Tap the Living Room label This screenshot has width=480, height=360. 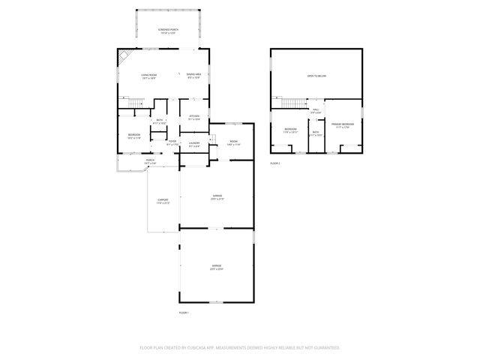point(148,75)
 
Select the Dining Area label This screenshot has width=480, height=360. point(194,75)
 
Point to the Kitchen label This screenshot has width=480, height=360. point(193,117)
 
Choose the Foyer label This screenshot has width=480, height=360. point(172,142)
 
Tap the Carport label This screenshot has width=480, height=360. point(163,201)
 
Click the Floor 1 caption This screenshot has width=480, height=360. point(184,312)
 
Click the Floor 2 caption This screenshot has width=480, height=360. point(275,163)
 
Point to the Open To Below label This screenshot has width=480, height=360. point(316,76)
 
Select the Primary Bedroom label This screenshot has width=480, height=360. point(343,125)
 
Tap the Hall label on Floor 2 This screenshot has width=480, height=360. point(316,111)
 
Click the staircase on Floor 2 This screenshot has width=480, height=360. point(290,103)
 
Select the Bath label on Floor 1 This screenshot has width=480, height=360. point(159,121)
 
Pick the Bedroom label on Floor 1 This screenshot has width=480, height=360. point(133,135)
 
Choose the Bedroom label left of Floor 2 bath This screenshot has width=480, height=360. point(290,130)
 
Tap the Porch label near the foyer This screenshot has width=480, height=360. point(150,161)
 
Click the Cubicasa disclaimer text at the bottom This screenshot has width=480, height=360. point(240,347)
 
